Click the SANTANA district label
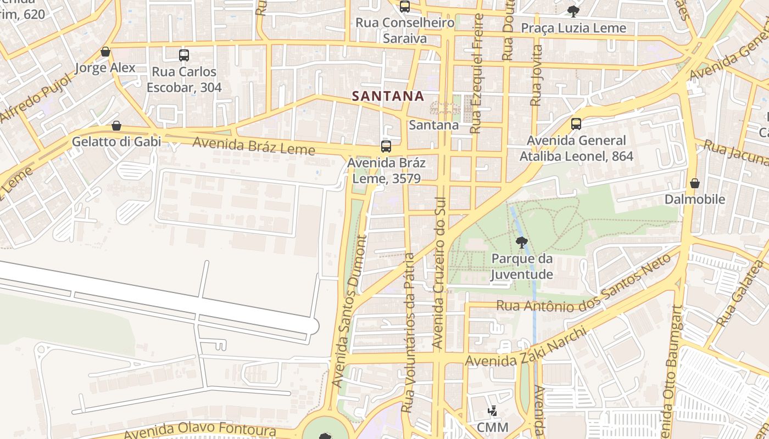(x=388, y=96)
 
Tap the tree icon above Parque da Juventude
(x=521, y=242)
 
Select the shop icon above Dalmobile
(x=695, y=183)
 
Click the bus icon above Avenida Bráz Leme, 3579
(x=386, y=147)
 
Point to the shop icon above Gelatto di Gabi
(x=116, y=126)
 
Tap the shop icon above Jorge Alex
(x=105, y=52)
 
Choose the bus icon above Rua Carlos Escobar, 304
(x=184, y=55)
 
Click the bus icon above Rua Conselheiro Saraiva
(x=405, y=7)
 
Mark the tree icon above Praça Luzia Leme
(x=573, y=11)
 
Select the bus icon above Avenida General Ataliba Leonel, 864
(x=576, y=124)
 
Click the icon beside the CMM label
(x=492, y=410)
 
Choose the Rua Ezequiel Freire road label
(x=477, y=73)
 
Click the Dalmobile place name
(x=695, y=199)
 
